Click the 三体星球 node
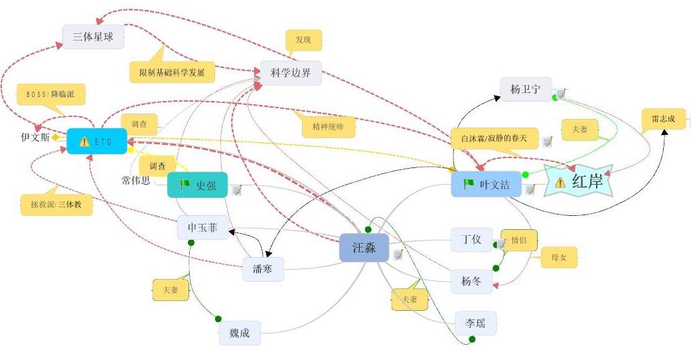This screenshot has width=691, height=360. point(93,37)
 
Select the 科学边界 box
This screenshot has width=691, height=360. point(291,73)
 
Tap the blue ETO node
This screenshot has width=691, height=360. point(97,141)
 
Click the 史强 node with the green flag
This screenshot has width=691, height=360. point(197,185)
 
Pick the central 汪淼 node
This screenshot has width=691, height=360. point(364,248)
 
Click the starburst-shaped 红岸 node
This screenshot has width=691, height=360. point(578,181)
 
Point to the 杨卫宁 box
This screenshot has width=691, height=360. point(526,89)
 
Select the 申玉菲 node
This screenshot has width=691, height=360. point(202,228)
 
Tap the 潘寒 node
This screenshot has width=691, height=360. point(263,269)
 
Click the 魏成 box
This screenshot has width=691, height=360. point(240,333)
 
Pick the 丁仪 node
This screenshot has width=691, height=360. point(471,240)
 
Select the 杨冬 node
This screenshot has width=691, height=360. point(471,281)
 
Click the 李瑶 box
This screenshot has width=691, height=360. point(475,323)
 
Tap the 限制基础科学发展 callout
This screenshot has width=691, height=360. point(172,72)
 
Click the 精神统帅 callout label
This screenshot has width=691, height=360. point(328,127)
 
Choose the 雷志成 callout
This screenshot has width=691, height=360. point(664,119)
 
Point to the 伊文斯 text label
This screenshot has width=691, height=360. point(35,137)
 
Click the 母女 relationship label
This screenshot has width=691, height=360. point(559,257)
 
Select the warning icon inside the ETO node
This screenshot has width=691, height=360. point(84,141)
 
